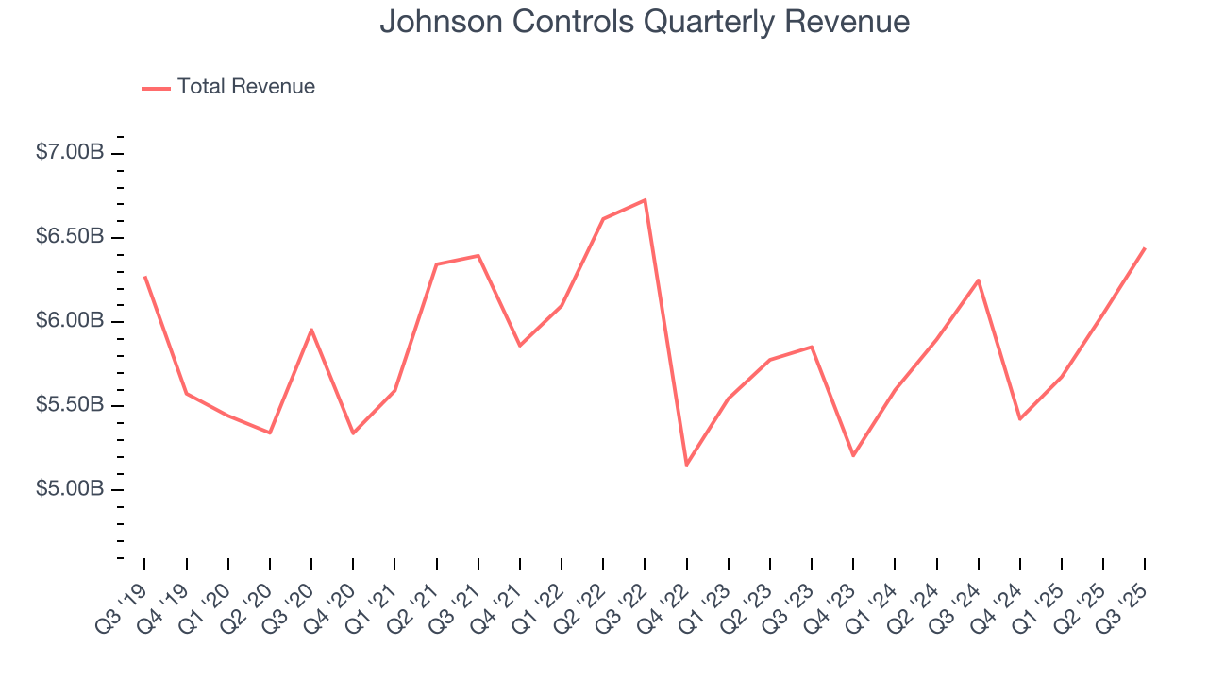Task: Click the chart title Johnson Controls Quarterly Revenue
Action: coord(645,23)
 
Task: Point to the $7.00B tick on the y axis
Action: coord(70,153)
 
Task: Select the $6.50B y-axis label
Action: coord(70,237)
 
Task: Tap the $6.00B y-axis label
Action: coord(70,321)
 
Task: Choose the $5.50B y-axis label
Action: coord(70,405)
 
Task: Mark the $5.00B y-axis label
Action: coord(70,489)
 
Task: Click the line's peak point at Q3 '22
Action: coord(645,200)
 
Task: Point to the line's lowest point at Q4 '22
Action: coord(686,465)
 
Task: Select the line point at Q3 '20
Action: coord(311,330)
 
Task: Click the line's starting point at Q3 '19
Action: coord(144,277)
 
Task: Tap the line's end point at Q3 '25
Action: coord(1145,248)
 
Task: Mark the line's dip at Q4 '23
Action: coord(853,455)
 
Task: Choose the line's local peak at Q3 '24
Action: coord(978,280)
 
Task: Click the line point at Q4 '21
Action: coord(520,346)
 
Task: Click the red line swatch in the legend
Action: coord(156,88)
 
